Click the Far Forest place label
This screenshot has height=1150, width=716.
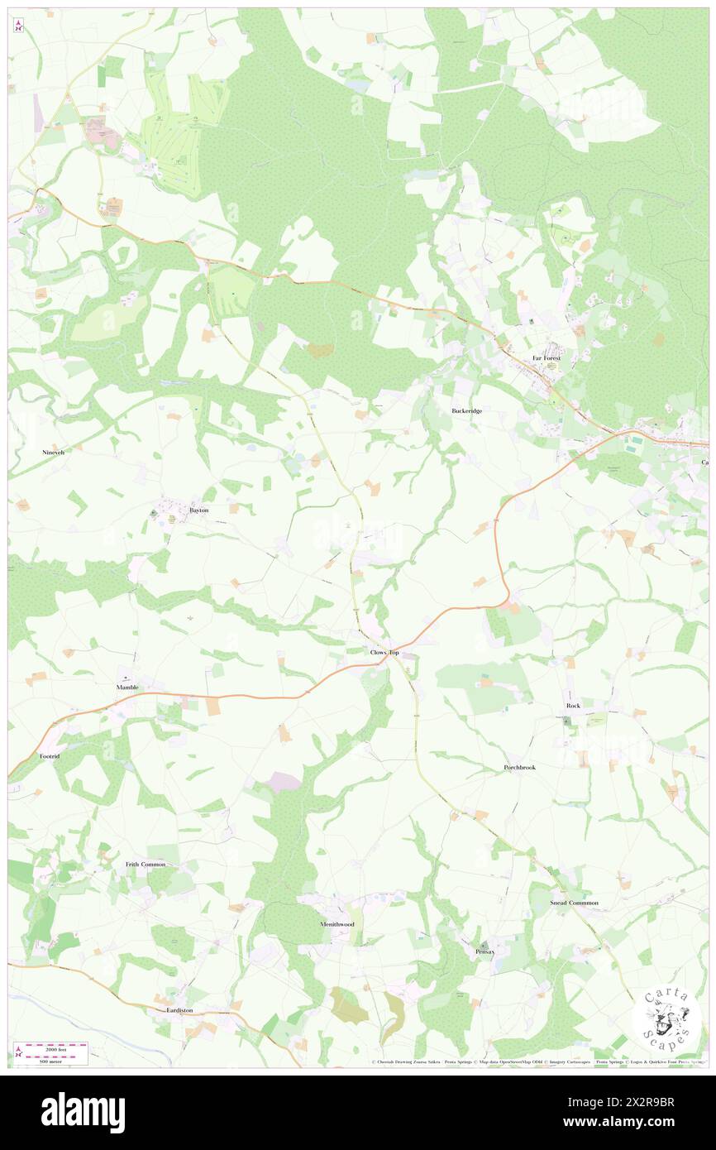546,358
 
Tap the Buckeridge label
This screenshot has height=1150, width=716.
466,410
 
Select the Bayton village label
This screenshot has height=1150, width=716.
198,510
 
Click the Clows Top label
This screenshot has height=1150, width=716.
384,653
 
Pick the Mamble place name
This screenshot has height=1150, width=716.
127,688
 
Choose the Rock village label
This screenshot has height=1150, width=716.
573,705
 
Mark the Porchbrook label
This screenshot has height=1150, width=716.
520,768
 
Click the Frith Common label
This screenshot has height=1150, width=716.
146,864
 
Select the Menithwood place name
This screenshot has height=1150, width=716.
337,923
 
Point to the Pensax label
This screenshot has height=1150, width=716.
484,951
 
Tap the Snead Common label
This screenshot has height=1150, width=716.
574,903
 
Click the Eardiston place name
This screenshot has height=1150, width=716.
179,1010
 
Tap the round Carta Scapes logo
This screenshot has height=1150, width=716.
667,1019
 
